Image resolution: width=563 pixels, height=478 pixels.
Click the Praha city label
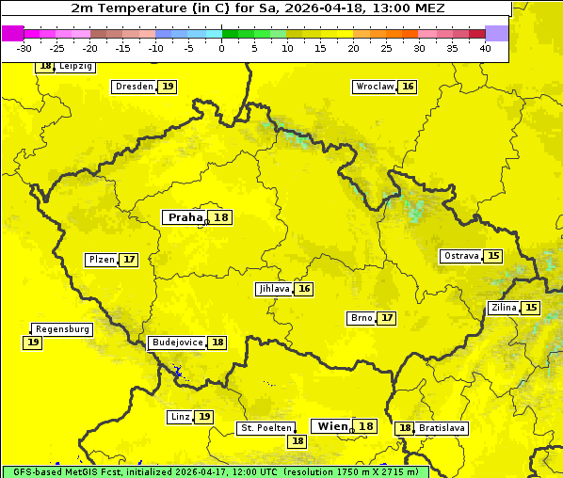(x=185, y=217)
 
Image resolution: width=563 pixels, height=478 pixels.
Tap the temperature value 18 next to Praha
(x=220, y=217)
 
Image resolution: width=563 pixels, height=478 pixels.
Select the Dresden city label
(x=134, y=87)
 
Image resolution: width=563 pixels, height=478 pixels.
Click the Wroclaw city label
(x=375, y=87)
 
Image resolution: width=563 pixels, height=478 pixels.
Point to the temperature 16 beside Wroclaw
(x=408, y=87)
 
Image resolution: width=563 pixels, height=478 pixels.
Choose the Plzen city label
(x=102, y=260)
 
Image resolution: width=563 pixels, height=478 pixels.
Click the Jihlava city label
(x=274, y=289)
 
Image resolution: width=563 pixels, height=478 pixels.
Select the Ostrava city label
(x=460, y=256)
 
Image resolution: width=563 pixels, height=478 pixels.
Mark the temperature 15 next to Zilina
(x=531, y=308)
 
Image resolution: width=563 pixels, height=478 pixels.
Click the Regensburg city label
(x=62, y=329)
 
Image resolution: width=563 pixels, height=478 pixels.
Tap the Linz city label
(x=180, y=417)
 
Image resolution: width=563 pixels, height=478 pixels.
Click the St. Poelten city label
(x=266, y=428)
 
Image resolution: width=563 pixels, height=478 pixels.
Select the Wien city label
(x=332, y=426)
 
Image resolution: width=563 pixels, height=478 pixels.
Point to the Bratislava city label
(x=442, y=428)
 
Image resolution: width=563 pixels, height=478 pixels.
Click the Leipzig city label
(x=75, y=67)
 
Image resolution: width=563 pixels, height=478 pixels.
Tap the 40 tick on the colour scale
(x=485, y=48)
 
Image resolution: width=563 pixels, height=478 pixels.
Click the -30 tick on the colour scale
(x=24, y=48)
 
